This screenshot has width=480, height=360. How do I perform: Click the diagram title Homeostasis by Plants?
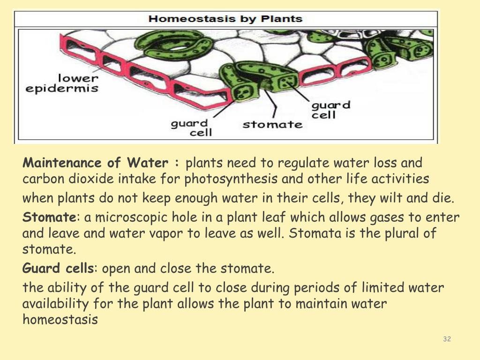[x=225, y=19]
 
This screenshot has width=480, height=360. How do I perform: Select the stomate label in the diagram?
[x=272, y=125]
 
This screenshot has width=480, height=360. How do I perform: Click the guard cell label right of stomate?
[x=331, y=109]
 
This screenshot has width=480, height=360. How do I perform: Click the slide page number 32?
[x=447, y=339]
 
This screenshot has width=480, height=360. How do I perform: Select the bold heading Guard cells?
[x=58, y=269]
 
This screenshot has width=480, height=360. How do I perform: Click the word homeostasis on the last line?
[x=60, y=320]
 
